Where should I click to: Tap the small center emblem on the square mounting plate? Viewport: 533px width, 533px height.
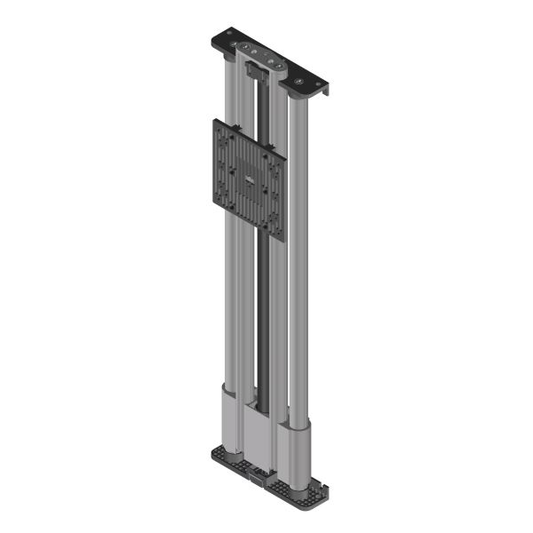(250, 183)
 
